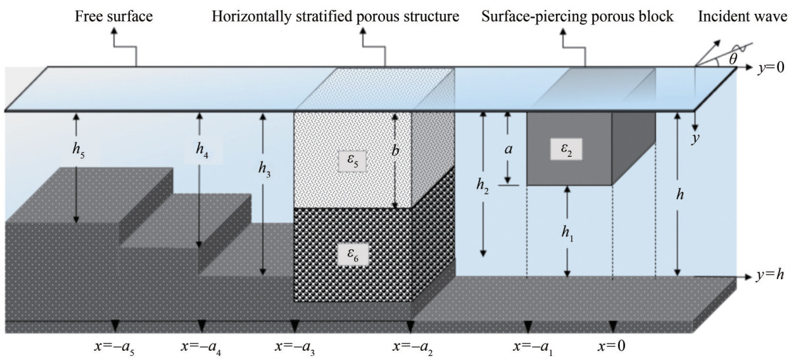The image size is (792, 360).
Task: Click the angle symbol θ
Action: coord(733,58)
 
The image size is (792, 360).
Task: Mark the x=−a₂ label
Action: coord(413,345)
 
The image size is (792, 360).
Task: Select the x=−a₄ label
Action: coord(199,345)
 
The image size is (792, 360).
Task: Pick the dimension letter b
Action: coord(396,150)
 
